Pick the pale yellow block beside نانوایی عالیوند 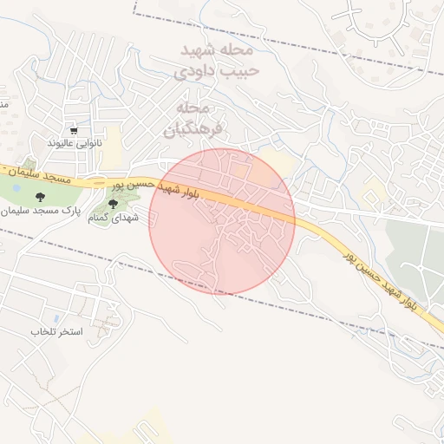114,135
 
